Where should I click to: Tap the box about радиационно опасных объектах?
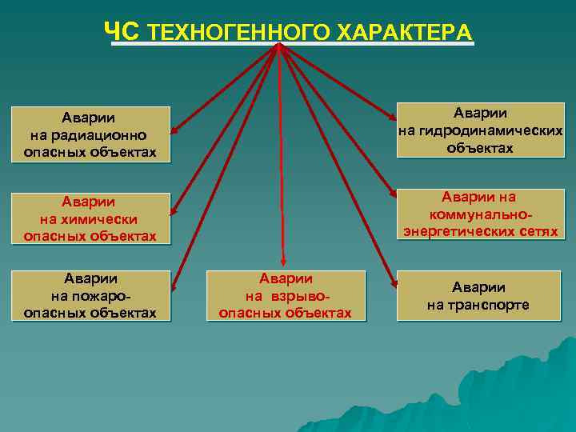click(x=90, y=134)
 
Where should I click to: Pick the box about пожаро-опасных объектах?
click(x=90, y=295)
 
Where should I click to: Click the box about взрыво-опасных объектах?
click(x=286, y=295)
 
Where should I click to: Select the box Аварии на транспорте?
click(x=478, y=296)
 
